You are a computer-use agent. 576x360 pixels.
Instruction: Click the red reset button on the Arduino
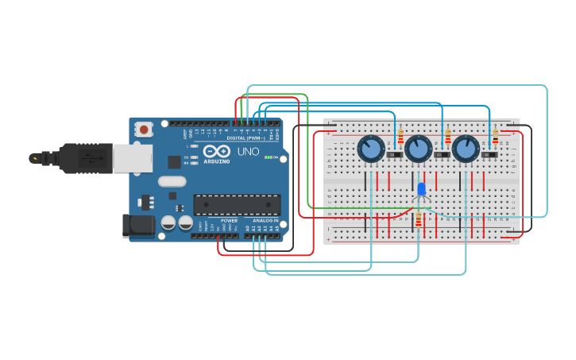click(x=143, y=129)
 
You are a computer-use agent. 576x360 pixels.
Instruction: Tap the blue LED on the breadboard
click(x=421, y=189)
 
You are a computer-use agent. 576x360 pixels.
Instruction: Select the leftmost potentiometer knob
click(x=370, y=149)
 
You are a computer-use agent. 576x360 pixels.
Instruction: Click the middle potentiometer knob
click(x=418, y=149)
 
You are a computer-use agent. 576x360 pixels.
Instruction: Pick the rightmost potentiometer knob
click(x=466, y=149)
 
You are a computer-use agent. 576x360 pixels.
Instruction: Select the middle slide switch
click(x=442, y=154)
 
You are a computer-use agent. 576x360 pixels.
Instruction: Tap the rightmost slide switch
click(x=489, y=154)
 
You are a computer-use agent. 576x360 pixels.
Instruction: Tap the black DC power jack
click(x=138, y=225)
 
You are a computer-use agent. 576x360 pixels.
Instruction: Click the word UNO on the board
click(x=248, y=151)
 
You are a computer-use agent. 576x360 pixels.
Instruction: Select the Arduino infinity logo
click(x=217, y=151)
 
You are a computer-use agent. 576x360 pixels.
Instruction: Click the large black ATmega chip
click(x=236, y=204)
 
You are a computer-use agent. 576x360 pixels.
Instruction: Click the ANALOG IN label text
click(x=265, y=220)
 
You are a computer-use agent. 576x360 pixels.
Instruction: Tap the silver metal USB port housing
click(x=132, y=158)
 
